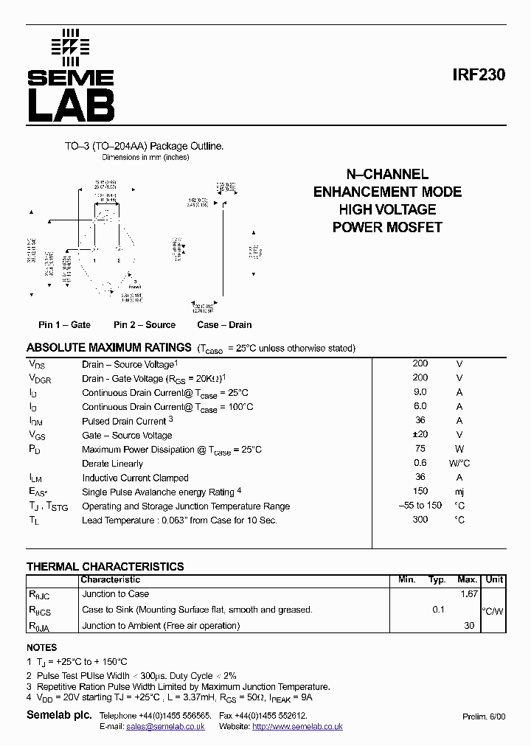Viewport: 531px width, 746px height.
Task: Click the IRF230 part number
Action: pyautogui.click(x=479, y=75)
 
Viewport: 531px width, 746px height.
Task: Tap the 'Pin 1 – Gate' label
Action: pyautogui.click(x=65, y=324)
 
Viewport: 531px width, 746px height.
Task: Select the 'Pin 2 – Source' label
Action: pyautogui.click(x=145, y=324)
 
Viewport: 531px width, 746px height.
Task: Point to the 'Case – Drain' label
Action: pyautogui.click(x=224, y=324)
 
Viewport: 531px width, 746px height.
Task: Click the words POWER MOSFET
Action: pyautogui.click(x=387, y=227)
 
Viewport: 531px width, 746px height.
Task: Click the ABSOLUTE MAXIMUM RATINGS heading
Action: pyautogui.click(x=109, y=347)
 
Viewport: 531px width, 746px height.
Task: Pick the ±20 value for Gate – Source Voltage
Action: pyautogui.click(x=420, y=435)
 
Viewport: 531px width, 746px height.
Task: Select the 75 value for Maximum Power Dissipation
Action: pyautogui.click(x=420, y=449)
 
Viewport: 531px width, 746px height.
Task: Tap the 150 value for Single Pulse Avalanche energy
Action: pyautogui.click(x=420, y=491)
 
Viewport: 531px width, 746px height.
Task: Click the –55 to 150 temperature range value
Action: pyautogui.click(x=420, y=505)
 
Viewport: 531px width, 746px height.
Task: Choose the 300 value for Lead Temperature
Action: pyautogui.click(x=420, y=520)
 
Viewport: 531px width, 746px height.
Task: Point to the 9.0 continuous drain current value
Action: pyautogui.click(x=420, y=392)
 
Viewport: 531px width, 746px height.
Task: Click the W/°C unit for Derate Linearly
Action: pyautogui.click(x=459, y=463)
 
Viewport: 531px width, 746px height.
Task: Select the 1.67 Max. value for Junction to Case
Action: pyautogui.click(x=468, y=593)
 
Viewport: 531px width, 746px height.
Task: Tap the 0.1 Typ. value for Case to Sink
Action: pyautogui.click(x=439, y=610)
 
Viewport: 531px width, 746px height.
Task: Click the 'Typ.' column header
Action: pyautogui.click(x=437, y=579)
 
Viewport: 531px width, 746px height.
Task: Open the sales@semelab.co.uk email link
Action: pyautogui.click(x=166, y=726)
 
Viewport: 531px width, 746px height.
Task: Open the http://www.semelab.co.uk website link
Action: pyautogui.click(x=297, y=726)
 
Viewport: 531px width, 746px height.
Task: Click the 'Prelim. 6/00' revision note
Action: pyautogui.click(x=485, y=717)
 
